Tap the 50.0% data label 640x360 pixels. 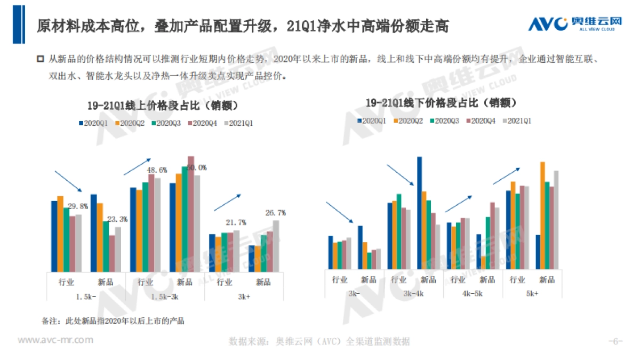[196, 167]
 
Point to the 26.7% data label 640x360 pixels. [275, 213]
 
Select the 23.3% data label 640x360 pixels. [117, 219]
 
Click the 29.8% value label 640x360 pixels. [78, 206]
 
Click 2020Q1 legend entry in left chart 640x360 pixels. [93, 123]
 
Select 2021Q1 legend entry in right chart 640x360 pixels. [516, 121]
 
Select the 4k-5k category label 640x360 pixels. [471, 293]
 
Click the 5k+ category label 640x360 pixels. [531, 293]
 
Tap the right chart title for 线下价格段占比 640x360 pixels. [441, 102]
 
